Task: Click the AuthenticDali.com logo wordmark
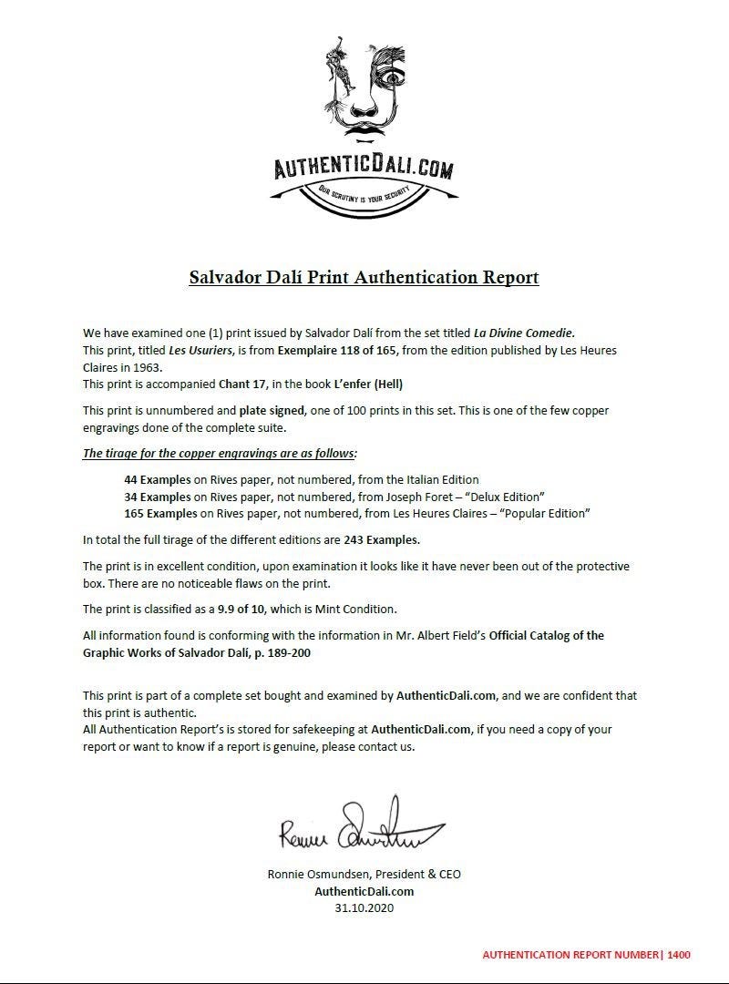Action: pyautogui.click(x=364, y=169)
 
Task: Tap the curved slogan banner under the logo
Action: pyautogui.click(x=364, y=193)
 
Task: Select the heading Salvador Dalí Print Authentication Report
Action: pyautogui.click(x=364, y=276)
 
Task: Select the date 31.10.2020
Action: pyautogui.click(x=364, y=908)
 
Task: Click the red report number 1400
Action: pyautogui.click(x=679, y=955)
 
